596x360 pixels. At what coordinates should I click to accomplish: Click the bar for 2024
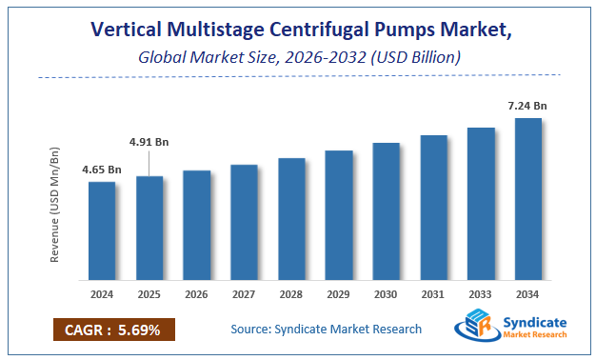coord(102,232)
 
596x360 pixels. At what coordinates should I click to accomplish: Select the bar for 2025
coord(149,230)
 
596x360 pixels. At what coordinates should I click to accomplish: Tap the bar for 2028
coord(291,220)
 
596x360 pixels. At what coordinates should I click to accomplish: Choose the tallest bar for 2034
coord(527,200)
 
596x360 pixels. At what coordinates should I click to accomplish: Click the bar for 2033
coord(481,205)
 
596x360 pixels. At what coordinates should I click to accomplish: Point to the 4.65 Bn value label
coord(102,170)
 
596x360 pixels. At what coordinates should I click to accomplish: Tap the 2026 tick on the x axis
coord(197,295)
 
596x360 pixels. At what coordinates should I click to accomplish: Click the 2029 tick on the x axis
coord(339,295)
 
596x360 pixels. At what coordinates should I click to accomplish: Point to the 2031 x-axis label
coord(433,295)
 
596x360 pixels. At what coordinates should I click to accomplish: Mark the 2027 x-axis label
coord(244,295)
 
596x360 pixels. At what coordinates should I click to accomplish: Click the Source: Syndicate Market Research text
coord(326,330)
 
